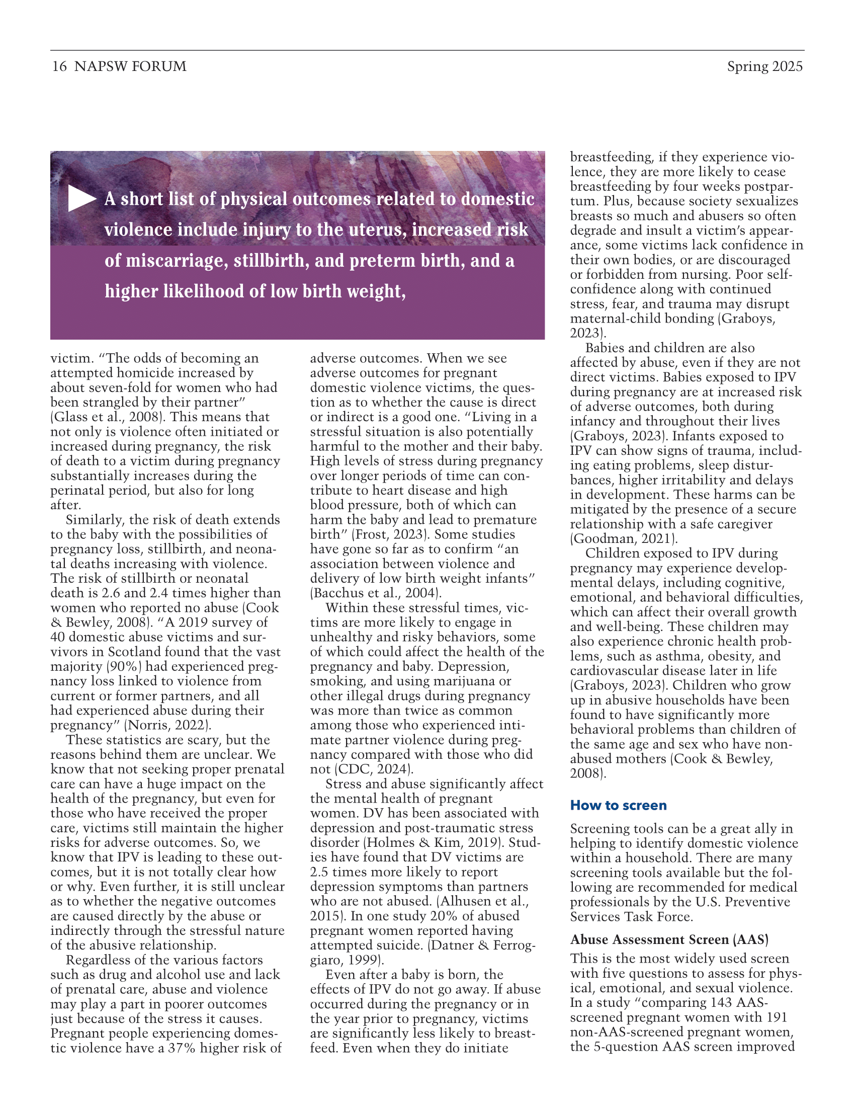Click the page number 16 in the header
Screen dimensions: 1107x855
click(x=59, y=66)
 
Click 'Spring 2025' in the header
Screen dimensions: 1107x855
click(x=764, y=66)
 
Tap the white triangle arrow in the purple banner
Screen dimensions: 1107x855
click(x=81, y=199)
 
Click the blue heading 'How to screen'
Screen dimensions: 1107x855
click(x=618, y=806)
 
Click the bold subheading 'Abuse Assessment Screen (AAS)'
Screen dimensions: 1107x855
click(x=669, y=940)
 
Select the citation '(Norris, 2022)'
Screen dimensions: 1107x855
click(x=167, y=725)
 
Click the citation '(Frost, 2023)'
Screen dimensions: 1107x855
click(x=390, y=535)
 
